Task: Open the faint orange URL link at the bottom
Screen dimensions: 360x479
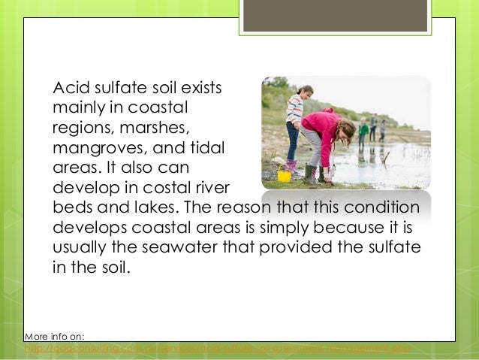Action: [218, 349]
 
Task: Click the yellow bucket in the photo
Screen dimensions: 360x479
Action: [285, 175]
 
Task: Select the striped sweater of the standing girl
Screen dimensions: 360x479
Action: [295, 109]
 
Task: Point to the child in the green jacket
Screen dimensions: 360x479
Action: [363, 129]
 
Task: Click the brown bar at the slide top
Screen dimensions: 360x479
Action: [335, 16]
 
